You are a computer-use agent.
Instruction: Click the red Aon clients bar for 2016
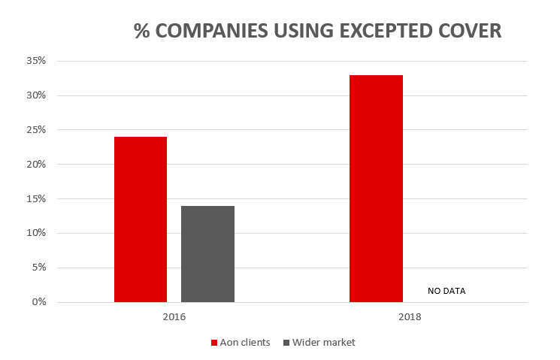[x=141, y=219]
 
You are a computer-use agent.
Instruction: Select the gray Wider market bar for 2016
[x=207, y=254]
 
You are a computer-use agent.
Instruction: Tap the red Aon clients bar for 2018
[x=376, y=189]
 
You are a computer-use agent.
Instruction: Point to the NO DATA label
[x=447, y=290]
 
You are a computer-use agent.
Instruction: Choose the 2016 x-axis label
[x=174, y=317]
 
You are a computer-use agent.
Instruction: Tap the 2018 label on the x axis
[x=410, y=317]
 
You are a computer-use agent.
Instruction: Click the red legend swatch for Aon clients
[x=213, y=343]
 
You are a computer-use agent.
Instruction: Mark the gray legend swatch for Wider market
[x=286, y=343]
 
